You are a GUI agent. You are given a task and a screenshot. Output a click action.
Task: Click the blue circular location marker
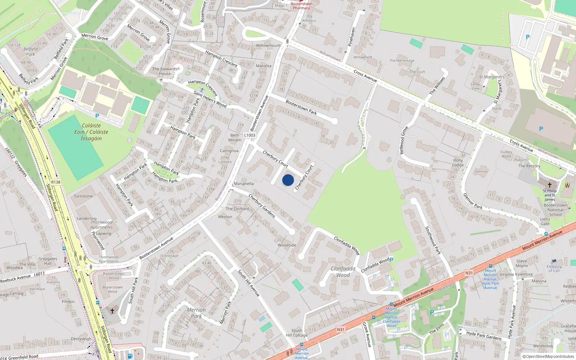288,180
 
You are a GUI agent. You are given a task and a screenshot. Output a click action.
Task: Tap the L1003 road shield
249,135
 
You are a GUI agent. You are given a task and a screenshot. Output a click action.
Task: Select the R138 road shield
56,182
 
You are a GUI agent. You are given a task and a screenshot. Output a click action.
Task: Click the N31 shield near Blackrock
469,273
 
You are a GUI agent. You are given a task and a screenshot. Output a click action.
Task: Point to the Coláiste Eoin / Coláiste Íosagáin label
91,132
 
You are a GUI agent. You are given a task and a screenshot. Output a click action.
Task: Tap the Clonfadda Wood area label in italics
343,272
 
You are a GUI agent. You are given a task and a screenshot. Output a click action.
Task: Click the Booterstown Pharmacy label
301,6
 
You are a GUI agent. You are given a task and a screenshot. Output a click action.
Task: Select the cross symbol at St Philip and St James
549,185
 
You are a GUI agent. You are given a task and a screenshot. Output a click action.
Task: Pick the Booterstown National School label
555,210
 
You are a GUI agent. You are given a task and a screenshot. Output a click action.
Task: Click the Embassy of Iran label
554,269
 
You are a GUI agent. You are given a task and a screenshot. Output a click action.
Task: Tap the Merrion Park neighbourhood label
196,313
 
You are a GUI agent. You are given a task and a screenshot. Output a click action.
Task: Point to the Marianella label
244,184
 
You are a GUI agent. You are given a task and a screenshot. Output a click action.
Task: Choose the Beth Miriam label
235,138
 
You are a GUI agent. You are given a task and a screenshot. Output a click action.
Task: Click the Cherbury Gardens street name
262,206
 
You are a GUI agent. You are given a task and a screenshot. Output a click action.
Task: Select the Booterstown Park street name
301,107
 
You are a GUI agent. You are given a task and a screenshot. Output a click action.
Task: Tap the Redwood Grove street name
404,140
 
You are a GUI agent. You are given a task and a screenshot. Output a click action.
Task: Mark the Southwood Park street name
433,240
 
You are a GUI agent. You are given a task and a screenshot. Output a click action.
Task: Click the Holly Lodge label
458,162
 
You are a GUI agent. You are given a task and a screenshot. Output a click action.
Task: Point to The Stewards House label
165,71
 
